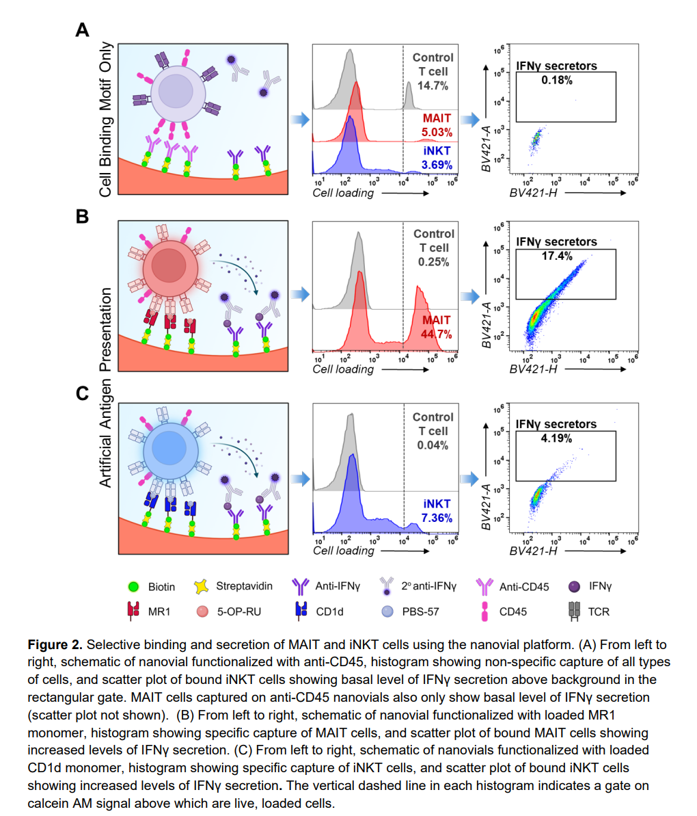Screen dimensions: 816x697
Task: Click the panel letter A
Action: click(82, 30)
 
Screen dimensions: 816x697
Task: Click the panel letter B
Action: click(82, 216)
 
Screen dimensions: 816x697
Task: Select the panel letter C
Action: click(82, 393)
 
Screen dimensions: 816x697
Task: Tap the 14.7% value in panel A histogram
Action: click(433, 86)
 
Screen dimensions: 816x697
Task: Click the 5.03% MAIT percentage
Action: click(437, 132)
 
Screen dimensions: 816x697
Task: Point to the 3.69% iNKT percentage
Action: click(437, 165)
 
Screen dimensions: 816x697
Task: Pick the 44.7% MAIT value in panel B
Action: click(437, 334)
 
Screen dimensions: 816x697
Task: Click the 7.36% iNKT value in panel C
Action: click(437, 518)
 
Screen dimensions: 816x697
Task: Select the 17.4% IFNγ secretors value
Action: click(556, 256)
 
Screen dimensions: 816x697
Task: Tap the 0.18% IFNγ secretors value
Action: click(556, 80)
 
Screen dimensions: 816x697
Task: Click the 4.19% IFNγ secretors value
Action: click(556, 438)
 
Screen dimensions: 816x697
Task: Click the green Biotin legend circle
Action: click(133, 587)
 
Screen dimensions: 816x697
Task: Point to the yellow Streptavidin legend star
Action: click(201, 586)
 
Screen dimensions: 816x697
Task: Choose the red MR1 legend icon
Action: click(133, 610)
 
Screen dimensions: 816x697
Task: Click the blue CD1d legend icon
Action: click(301, 610)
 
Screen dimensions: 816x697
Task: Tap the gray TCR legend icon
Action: click(575, 610)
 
